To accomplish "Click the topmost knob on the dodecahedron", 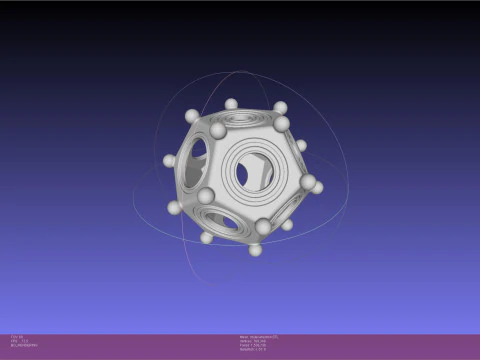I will [231, 104].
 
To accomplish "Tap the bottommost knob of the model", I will [255, 248].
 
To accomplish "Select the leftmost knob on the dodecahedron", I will [169, 160].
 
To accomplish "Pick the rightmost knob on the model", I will [318, 187].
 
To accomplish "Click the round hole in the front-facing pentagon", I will [254, 174].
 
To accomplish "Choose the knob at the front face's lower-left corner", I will [206, 196].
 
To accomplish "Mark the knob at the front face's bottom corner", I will [264, 227].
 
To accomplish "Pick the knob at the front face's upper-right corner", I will [283, 124].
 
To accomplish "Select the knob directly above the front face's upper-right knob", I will [280, 107].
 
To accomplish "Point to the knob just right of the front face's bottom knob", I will [287, 225].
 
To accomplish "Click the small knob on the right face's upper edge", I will [301, 146].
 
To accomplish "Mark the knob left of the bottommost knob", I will [207, 237].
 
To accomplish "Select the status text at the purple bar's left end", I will [22, 343].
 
